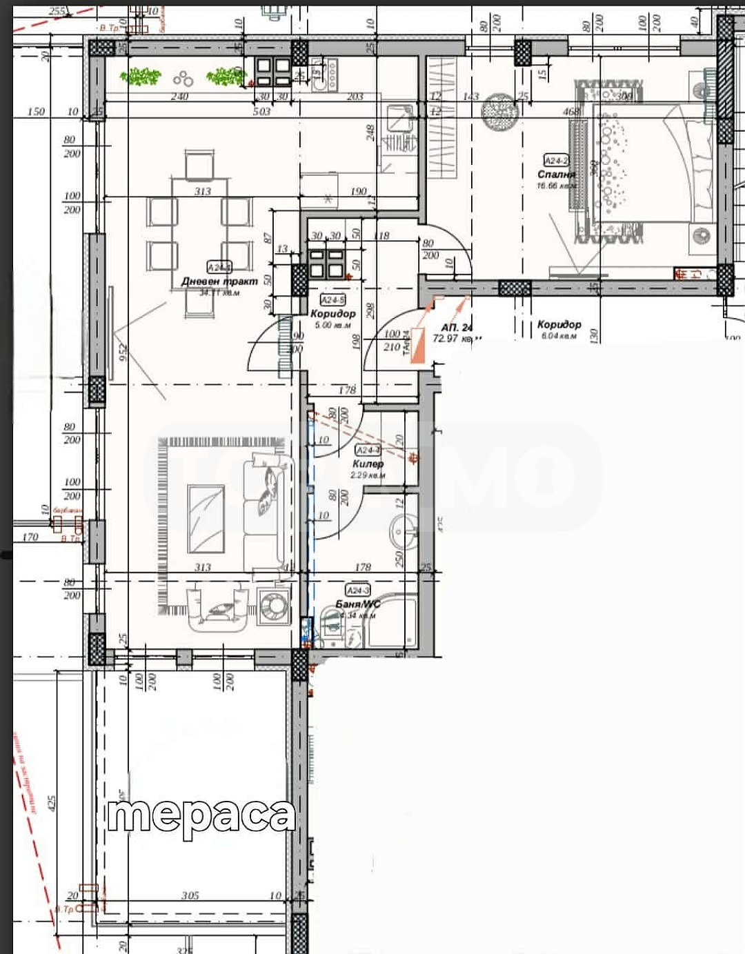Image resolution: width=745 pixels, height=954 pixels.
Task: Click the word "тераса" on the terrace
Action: pos(201,817)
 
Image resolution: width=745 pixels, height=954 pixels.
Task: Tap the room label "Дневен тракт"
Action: pos(219,281)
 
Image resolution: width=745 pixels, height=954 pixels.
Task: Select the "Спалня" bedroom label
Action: pos(556,175)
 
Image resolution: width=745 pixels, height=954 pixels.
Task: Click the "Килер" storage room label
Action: pos(368,464)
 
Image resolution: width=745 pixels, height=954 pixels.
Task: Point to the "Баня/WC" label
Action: pos(357,604)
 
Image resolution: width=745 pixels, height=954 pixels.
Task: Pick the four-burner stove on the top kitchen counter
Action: pos(273,71)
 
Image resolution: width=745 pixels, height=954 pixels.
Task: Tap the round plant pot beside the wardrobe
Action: pos(499,112)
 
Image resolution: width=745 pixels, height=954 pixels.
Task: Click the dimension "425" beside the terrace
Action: pos(51,804)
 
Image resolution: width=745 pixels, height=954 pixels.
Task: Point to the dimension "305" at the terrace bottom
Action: pos(190,895)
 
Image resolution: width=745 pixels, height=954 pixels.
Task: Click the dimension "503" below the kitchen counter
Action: pos(262,111)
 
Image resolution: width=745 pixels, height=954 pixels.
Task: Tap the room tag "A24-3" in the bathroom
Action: pos(358,590)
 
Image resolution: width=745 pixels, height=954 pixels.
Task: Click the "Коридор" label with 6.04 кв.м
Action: pos(559,325)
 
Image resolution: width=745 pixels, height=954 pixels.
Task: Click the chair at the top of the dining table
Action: pos(200,165)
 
